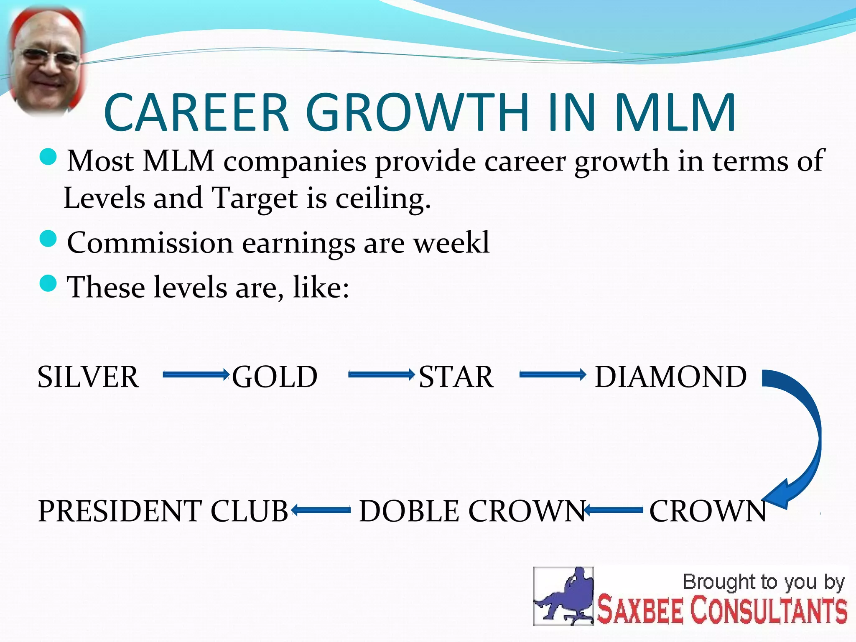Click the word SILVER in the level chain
(x=88, y=377)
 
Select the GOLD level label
(x=275, y=377)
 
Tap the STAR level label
(x=456, y=377)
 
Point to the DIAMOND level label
(x=670, y=377)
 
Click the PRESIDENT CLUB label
(x=163, y=511)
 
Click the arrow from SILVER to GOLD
(x=196, y=374)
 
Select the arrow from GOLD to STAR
(x=381, y=374)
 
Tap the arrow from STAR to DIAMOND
(x=553, y=374)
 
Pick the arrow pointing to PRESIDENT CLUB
(x=321, y=510)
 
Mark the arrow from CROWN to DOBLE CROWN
(x=614, y=510)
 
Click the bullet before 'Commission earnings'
(x=48, y=239)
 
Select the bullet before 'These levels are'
(x=48, y=283)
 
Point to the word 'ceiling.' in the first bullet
(x=383, y=199)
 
